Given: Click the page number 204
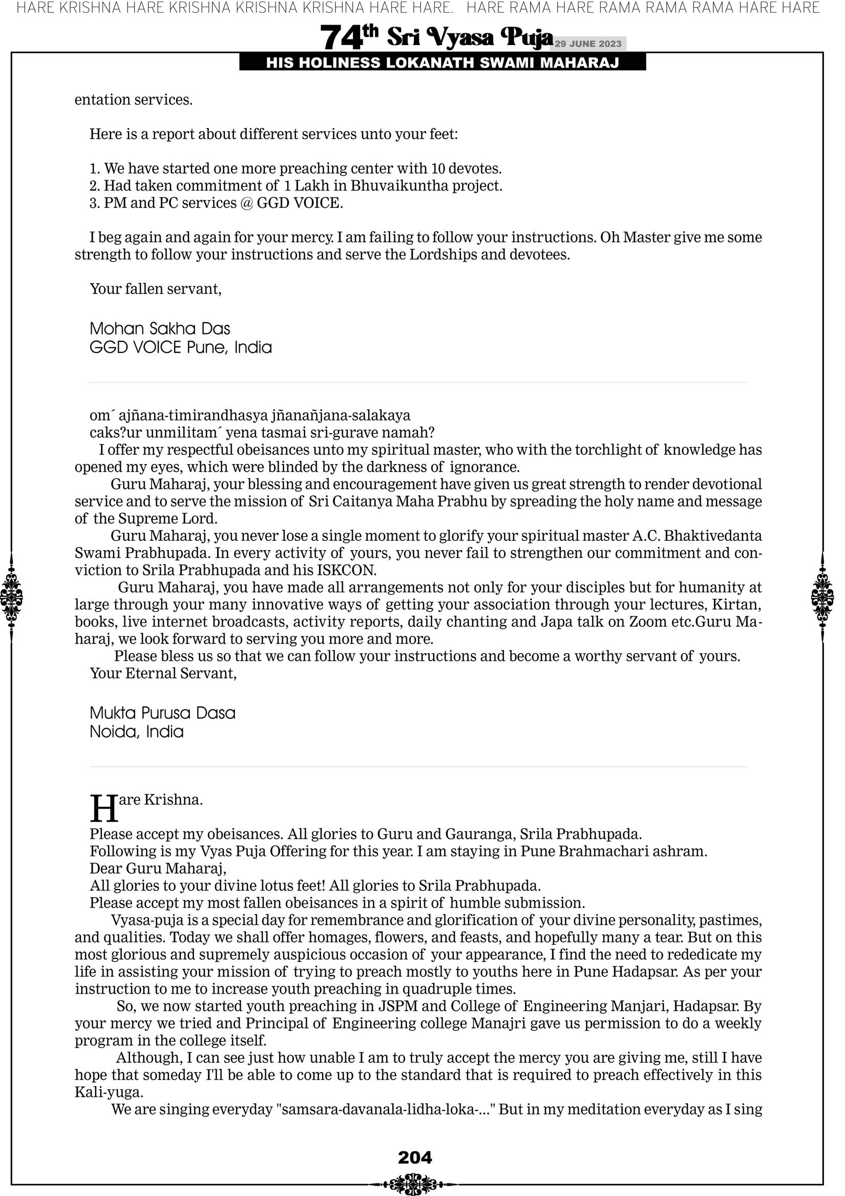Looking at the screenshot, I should click(x=415, y=1157).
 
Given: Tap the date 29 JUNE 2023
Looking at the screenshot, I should click(x=588, y=44).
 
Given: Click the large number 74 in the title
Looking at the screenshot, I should click(x=341, y=38).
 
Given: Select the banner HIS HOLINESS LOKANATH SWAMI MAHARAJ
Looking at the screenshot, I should click(x=442, y=63).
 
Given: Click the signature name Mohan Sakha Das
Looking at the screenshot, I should click(x=159, y=329).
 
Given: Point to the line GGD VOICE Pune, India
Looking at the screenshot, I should click(x=180, y=347).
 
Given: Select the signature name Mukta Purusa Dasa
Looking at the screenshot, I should click(x=162, y=712).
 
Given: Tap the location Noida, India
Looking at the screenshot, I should click(x=137, y=731).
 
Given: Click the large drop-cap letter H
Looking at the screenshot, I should click(x=103, y=808).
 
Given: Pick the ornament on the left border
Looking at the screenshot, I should click(x=11, y=597).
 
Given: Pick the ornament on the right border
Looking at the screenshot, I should click(x=822, y=597).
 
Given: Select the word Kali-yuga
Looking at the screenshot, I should click(x=109, y=1092).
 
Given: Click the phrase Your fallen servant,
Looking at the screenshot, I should click(x=155, y=289).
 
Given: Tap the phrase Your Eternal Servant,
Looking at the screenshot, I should click(x=163, y=673).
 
